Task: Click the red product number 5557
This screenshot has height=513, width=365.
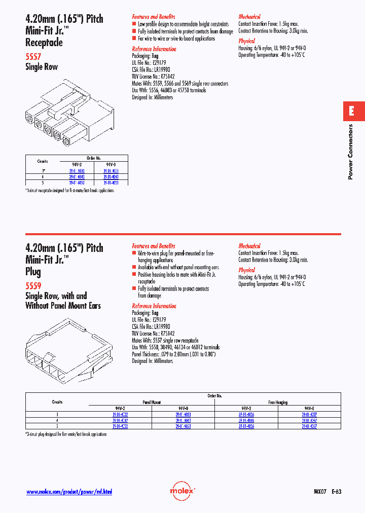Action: coord(33,57)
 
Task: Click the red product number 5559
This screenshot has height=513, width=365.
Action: coord(33,286)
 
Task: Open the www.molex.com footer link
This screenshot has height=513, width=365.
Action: coord(68,492)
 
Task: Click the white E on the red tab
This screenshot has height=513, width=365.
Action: coord(351,111)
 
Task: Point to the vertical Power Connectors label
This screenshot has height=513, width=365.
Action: coord(350,152)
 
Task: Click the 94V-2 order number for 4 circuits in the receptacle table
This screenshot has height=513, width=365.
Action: coord(77,176)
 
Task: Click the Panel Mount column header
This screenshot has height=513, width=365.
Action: coord(152,402)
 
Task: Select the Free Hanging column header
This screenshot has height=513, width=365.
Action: coord(277,402)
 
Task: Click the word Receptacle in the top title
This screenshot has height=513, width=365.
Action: coord(44,43)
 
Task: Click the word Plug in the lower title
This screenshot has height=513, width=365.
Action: coord(33,272)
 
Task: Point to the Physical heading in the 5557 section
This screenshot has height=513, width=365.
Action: coord(246,41)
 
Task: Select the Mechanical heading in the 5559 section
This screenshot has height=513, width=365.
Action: coord(249,246)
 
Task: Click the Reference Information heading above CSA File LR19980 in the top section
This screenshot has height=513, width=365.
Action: coord(154,49)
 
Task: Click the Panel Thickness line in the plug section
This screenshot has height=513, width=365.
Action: coord(174,354)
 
